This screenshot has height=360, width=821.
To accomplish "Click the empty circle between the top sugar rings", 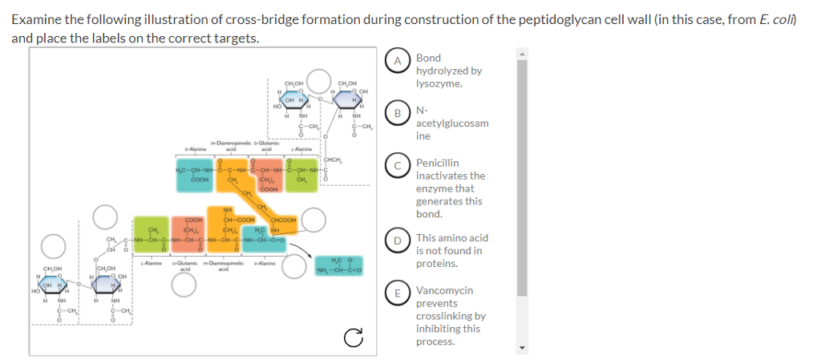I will coord(319,81).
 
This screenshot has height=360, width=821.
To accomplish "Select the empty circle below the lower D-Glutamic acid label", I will coord(184,283).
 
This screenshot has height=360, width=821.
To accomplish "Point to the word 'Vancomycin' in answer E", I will coord(444,290).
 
